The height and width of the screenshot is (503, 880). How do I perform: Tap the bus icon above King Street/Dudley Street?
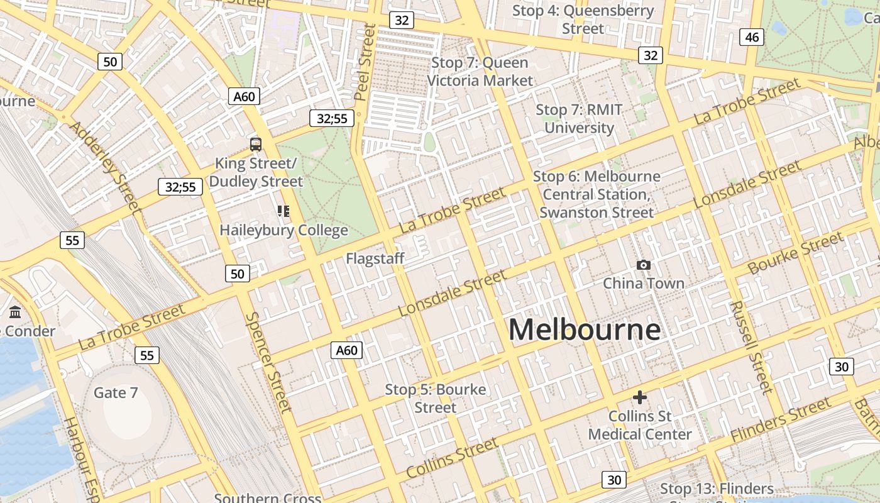pyautogui.click(x=255, y=145)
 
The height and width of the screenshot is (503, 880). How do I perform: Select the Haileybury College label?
pyautogui.click(x=283, y=230)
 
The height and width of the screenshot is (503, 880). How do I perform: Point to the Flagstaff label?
pyautogui.click(x=375, y=258)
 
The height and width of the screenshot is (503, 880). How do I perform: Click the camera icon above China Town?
pyautogui.click(x=643, y=265)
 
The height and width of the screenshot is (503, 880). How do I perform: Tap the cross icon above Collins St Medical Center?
pyautogui.click(x=639, y=397)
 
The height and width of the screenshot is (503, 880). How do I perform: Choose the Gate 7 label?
pyautogui.click(x=116, y=393)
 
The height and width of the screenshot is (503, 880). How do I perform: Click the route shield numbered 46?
pyautogui.click(x=751, y=37)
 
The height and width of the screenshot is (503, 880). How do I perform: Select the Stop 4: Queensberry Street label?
pyautogui.click(x=583, y=19)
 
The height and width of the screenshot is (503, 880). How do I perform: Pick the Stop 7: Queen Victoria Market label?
pyautogui.click(x=480, y=72)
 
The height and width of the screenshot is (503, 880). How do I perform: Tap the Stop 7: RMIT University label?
pyautogui.click(x=579, y=119)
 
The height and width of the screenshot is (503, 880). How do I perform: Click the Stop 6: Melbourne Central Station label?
pyautogui.click(x=597, y=194)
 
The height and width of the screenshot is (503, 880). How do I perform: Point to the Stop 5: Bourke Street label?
pyautogui.click(x=435, y=399)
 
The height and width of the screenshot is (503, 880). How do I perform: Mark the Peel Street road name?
pyautogui.click(x=365, y=62)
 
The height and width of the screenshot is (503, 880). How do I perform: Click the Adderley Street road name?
pyautogui.click(x=104, y=165)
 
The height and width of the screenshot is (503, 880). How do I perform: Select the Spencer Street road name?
pyautogui.click(x=268, y=362)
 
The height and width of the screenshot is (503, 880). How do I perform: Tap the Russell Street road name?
pyautogui.click(x=751, y=346)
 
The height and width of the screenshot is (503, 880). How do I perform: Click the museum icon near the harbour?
pyautogui.click(x=15, y=312)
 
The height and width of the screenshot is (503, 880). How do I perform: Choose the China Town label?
pyautogui.click(x=644, y=284)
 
